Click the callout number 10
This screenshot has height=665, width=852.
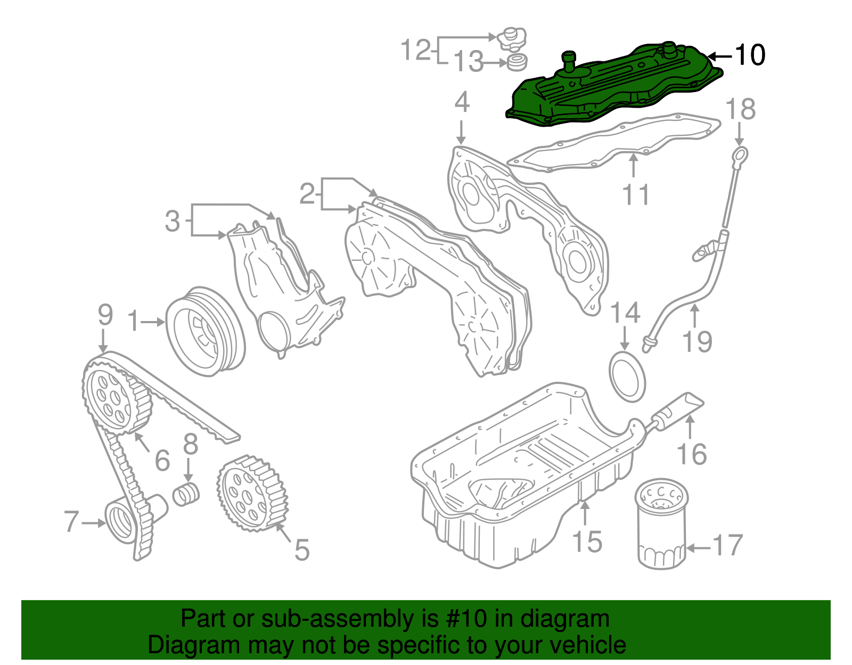(750, 55)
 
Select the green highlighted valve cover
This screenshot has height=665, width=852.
(612, 88)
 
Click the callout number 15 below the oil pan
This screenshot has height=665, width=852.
(587, 542)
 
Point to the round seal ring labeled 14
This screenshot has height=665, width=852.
(627, 376)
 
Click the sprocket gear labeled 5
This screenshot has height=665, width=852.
(252, 494)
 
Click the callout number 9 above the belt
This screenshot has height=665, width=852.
(105, 315)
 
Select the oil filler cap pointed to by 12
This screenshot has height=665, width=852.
(511, 39)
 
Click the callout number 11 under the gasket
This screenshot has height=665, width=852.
(636, 194)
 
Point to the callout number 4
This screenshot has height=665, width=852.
(462, 103)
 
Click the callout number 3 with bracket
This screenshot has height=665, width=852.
(173, 221)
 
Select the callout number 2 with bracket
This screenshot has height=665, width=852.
(307, 194)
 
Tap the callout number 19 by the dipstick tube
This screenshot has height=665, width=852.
(698, 341)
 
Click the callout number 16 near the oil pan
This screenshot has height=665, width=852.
(692, 454)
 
